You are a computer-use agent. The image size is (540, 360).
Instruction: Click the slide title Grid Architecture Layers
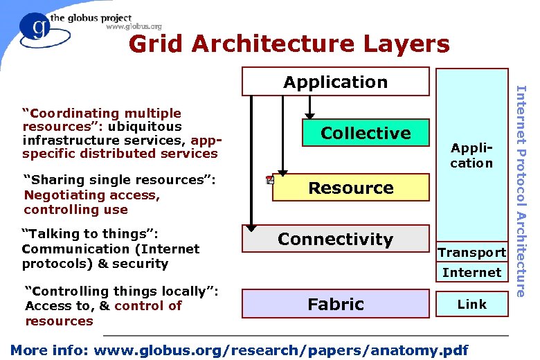coord(289,44)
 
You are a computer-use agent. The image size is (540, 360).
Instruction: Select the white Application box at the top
coord(335,82)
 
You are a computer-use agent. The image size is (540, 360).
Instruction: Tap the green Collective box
coord(366,133)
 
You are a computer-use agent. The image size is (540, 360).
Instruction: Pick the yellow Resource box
coord(350,188)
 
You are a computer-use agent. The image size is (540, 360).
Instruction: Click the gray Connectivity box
coord(335,239)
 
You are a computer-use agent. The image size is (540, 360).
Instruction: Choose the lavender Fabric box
coord(335,304)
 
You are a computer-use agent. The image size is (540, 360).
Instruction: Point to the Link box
coord(471,304)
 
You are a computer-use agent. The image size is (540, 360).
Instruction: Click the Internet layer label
coord(471,272)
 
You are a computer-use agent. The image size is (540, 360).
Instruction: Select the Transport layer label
coord(471,253)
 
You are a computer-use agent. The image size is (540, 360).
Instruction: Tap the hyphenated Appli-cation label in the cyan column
coord(471,156)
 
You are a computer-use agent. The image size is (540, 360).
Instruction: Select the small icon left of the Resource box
coord(269,181)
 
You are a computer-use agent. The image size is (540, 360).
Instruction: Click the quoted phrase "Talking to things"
coord(91,233)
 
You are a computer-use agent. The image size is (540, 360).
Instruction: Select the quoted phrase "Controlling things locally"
coord(121,291)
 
